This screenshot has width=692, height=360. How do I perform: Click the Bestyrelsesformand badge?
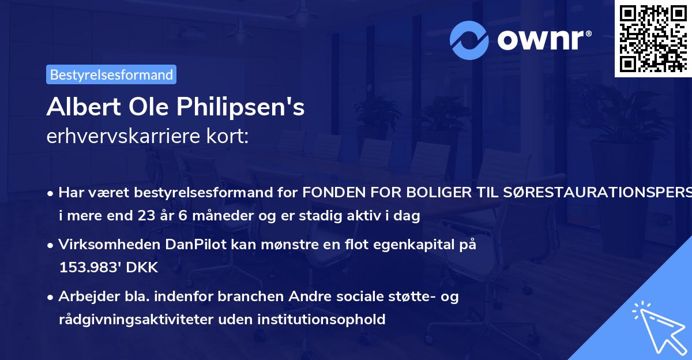111,74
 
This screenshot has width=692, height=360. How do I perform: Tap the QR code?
653,37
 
